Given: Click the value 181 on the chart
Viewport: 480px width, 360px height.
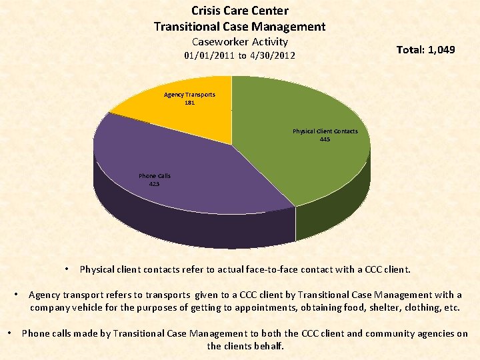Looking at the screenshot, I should (190, 103).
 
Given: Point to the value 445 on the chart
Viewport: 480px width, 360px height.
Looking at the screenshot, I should (325, 139).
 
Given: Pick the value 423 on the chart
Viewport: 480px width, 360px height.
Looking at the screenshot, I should (154, 184).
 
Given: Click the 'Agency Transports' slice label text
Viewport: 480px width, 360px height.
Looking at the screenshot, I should (190, 95).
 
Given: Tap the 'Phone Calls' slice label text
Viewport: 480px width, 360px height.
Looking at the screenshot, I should (155, 176).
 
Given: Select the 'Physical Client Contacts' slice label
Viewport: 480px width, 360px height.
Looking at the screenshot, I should (325, 131).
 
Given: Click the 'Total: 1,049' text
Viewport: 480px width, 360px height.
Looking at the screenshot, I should (425, 50).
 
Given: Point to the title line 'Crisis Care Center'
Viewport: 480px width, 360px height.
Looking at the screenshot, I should (240, 11).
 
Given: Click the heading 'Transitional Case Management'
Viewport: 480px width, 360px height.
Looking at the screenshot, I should (240, 27).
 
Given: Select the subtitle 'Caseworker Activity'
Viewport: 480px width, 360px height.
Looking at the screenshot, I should (240, 42).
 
